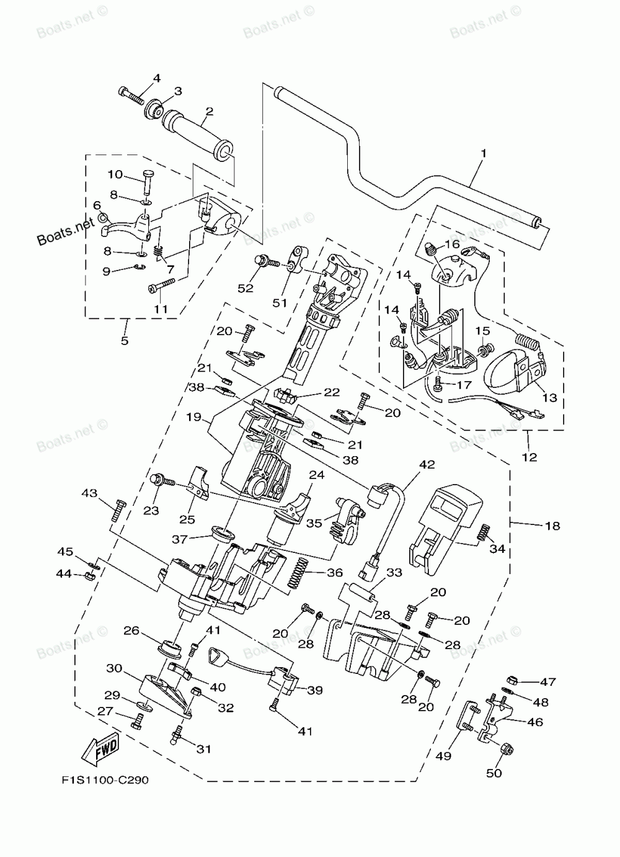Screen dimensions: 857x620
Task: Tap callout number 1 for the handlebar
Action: pos(483,152)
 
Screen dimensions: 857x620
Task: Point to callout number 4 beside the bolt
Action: pos(156,78)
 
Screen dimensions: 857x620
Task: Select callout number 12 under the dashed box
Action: pos(529,457)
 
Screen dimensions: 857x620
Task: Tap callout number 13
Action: pos(549,398)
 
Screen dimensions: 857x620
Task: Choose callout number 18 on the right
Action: pos(552,526)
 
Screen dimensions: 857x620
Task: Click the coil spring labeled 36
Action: pos(299,573)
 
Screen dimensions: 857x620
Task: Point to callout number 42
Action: pos(445,464)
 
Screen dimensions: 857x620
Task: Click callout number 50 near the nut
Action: pos(494,773)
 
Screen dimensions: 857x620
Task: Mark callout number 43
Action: pos(89,493)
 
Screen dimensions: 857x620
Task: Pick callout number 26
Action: pos(131,631)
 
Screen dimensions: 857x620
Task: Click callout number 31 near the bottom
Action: pos(204,749)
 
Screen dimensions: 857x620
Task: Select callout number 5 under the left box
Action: pos(125,341)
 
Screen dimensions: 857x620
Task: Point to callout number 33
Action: pos(394,573)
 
